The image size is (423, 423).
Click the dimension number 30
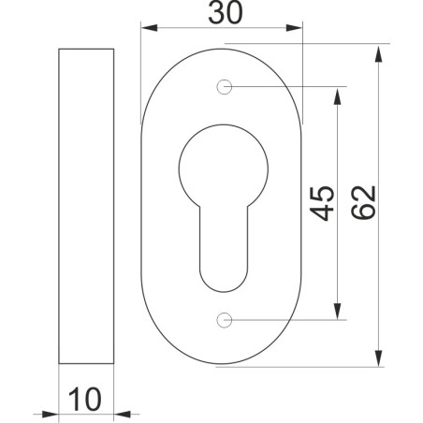tap(222, 16)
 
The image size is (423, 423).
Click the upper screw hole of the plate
tap(224, 89)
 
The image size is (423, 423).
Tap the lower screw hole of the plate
tap(224, 321)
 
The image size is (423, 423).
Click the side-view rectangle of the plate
tap(87, 205)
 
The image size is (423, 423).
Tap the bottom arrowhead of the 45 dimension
tap(337, 314)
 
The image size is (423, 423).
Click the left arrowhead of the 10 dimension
tap(52, 413)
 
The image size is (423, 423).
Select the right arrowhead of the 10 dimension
tap(122, 413)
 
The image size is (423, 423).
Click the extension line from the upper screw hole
tap(290, 89)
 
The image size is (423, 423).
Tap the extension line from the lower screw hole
tap(290, 321)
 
